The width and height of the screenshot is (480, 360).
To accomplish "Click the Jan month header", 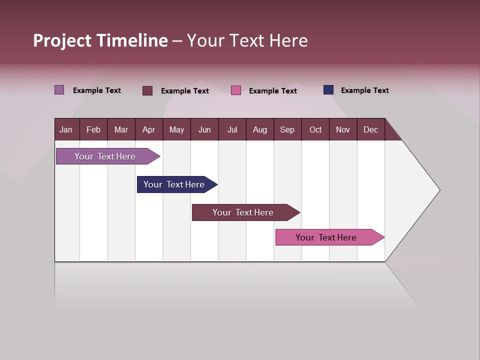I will pyautogui.click(x=66, y=129).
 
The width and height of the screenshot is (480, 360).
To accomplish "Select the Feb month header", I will pyautogui.click(x=93, y=129).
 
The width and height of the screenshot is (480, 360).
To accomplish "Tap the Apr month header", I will pyautogui.click(x=148, y=129).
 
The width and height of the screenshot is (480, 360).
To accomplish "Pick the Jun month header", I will pyautogui.click(x=204, y=129).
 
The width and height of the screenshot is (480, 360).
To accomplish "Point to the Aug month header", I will pyautogui.click(x=260, y=129).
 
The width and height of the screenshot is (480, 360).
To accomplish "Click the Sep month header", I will pyautogui.click(x=287, y=129).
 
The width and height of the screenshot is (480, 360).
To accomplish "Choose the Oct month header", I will pyautogui.click(x=315, y=129).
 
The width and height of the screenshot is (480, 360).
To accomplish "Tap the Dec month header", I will pyautogui.click(x=371, y=129).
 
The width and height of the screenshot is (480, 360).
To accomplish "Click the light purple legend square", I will pyautogui.click(x=59, y=90).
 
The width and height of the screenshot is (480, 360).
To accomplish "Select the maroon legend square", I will pyautogui.click(x=147, y=90).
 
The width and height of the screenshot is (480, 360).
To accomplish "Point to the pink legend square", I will pyautogui.click(x=236, y=90).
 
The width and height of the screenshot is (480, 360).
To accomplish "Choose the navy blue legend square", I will pyautogui.click(x=328, y=90).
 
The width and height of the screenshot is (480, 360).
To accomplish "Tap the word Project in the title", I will pyautogui.click(x=62, y=40).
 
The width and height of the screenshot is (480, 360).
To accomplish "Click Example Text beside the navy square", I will pyautogui.click(x=364, y=90).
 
